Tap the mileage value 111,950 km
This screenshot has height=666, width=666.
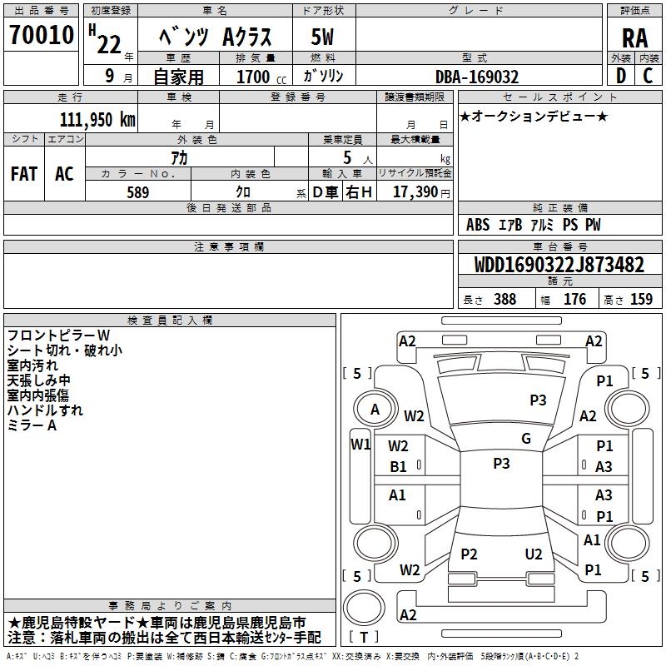tap(97, 119)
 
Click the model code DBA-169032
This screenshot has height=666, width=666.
tap(477, 77)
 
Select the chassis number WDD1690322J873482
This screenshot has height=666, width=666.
tap(559, 265)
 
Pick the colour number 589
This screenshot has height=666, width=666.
tap(137, 191)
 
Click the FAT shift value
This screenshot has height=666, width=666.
tap(24, 174)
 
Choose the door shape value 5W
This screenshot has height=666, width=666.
tap(323, 37)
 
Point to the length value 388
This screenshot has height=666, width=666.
tap(504, 299)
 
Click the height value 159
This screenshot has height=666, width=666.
tap(640, 299)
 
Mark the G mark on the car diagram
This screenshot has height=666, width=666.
tap(526, 439)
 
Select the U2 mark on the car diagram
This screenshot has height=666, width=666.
tap(534, 554)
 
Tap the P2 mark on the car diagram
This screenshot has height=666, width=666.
tap(470, 554)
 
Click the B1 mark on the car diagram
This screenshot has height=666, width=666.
tap(399, 467)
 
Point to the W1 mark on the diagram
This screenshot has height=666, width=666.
tap(360, 444)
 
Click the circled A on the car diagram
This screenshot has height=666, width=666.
tap(375, 409)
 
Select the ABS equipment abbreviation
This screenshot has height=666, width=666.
tap(478, 225)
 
